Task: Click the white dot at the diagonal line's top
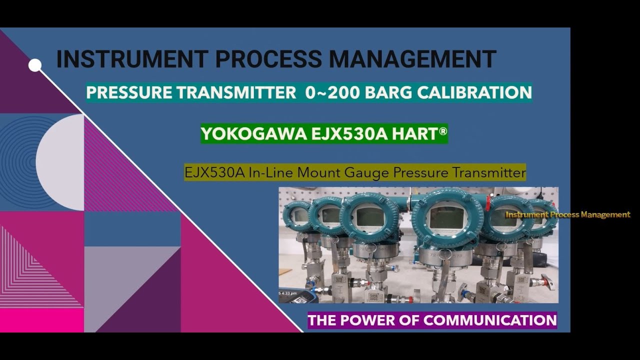pos(35,65)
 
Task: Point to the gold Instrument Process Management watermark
pos(568,214)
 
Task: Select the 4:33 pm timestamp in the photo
pos(288,293)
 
